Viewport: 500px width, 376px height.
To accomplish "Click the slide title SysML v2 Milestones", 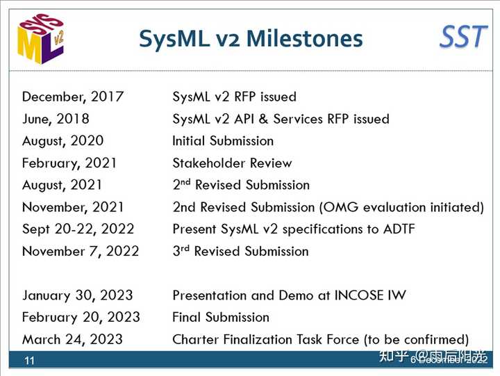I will tap(251, 38).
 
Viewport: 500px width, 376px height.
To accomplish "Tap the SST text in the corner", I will tap(463, 36).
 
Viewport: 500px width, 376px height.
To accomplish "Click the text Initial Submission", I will tap(223, 141).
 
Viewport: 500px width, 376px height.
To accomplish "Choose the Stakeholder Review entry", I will tap(232, 163).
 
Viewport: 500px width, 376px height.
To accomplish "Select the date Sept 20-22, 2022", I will tap(78, 229).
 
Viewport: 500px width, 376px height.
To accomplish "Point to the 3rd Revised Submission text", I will tap(240, 251).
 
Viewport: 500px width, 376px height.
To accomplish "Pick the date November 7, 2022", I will tap(80, 251).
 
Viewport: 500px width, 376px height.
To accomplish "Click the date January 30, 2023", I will tap(77, 295).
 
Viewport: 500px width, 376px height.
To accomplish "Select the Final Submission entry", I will tap(220, 318).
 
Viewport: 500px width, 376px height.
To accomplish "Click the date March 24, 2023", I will tap(72, 340).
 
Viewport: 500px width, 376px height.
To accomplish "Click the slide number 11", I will tap(30, 361).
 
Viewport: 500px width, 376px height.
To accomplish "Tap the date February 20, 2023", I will tap(81, 318).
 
